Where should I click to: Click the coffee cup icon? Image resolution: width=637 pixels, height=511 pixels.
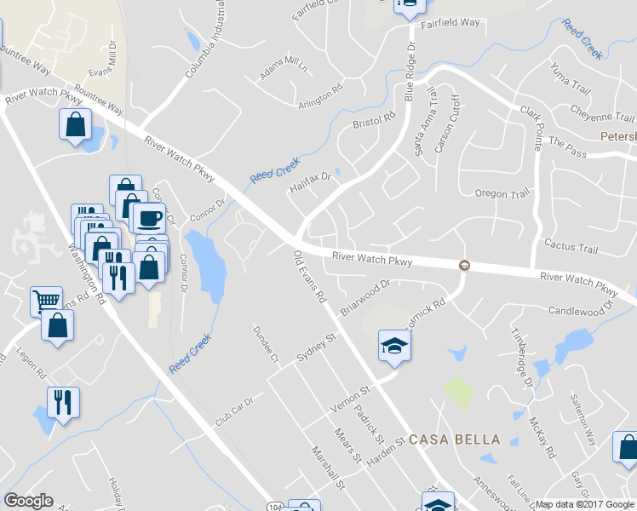coord(149,218)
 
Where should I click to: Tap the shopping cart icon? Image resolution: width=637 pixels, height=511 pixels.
coord(47,301)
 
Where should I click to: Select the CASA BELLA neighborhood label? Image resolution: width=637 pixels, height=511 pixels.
coord(454,439)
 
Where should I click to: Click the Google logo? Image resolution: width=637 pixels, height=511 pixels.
coord(29,501)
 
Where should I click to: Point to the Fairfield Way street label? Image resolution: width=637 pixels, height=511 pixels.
coord(450,23)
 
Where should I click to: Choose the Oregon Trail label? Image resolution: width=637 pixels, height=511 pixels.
coord(502,194)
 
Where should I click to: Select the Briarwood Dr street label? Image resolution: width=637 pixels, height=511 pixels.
coord(364,298)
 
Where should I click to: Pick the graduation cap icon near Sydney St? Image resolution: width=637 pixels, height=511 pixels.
coord(394,345)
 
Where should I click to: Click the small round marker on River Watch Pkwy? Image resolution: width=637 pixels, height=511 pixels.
coord(464,265)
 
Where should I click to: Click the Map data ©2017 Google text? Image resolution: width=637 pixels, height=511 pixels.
coord(585,504)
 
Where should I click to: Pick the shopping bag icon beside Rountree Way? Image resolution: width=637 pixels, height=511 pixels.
coord(75,124)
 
